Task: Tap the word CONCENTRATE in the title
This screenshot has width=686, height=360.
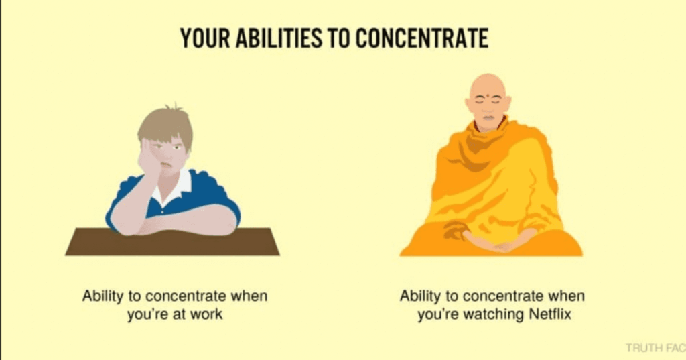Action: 422,38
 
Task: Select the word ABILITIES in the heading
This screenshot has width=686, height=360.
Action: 279,38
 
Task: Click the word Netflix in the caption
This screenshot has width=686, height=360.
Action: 550,314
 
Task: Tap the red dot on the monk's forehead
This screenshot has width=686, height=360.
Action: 488,95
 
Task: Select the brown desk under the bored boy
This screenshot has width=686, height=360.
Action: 172,242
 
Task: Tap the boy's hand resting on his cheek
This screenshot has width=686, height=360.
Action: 149,160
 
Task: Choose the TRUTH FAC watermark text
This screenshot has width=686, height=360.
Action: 655,348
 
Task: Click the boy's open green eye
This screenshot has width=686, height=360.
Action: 177,147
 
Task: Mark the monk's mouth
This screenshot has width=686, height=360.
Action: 488,117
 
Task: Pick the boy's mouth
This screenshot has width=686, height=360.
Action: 165,165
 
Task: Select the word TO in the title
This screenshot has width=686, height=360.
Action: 338,38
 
